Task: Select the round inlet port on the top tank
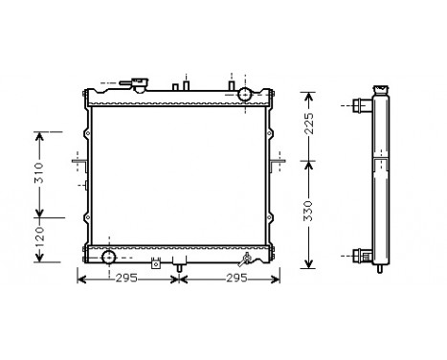click(245, 94)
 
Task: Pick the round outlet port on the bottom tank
click(108, 256)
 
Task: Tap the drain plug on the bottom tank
click(251, 257)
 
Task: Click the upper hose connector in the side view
click(360, 105)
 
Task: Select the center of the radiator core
click(180, 174)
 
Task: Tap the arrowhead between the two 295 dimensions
click(179, 279)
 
